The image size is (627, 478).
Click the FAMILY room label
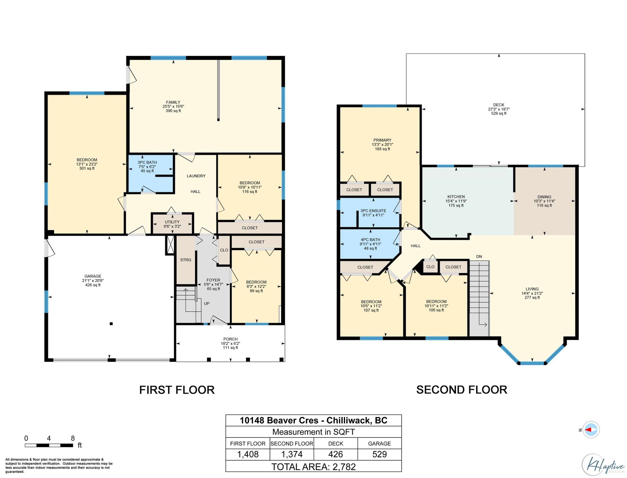coord(173,102)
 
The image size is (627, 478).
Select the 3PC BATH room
coord(151,173)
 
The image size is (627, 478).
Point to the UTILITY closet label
coord(172,222)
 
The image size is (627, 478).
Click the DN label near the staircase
coord(479,257)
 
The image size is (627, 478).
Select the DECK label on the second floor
coord(499,105)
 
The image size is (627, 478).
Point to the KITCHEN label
coord(456,197)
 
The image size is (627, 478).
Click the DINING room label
coord(544,197)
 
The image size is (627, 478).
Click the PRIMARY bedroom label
coord(382,140)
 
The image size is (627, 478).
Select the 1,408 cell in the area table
coord(248,454)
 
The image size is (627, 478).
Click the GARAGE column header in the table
coord(380,444)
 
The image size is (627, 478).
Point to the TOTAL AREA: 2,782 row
coord(313,467)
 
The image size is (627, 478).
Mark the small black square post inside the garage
coord(111,324)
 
